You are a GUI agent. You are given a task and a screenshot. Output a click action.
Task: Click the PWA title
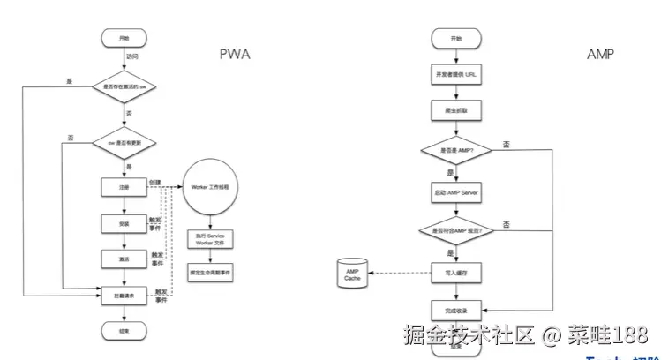click(x=235, y=55)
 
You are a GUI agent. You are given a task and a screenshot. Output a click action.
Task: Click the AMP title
click(x=601, y=55)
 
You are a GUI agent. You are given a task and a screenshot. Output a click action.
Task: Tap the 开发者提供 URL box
click(x=455, y=74)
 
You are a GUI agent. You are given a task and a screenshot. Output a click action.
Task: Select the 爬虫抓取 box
click(x=455, y=111)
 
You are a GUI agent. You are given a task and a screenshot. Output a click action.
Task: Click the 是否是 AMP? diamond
click(x=455, y=152)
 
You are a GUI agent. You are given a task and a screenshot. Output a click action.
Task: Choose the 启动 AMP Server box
click(x=455, y=191)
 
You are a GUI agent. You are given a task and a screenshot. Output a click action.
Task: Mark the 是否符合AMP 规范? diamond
click(x=455, y=230)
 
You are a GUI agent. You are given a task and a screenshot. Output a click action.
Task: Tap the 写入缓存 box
click(x=455, y=273)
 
